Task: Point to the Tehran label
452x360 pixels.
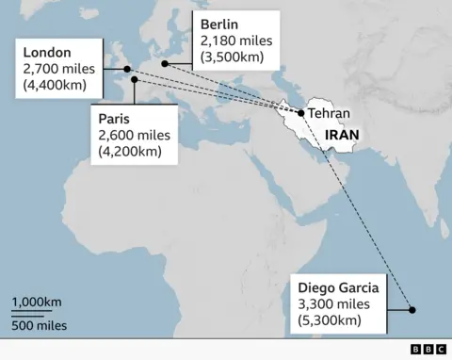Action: [329, 114]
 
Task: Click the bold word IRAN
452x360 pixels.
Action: [341, 135]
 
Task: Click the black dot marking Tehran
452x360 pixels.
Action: [300, 113]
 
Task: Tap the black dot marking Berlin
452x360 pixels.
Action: [165, 64]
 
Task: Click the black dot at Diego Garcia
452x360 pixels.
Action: [411, 308]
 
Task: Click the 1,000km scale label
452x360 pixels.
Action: [38, 302]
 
